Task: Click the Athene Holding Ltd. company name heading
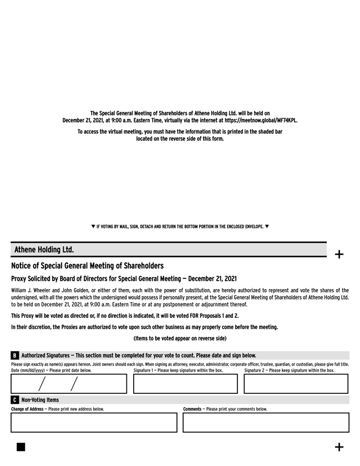44,250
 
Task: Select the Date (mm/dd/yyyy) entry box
69,383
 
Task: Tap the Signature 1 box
185,383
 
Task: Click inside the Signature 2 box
296,383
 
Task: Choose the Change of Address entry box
94,422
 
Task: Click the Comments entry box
266,422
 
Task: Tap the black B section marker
14,356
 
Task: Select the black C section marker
14,400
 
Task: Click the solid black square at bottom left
21,447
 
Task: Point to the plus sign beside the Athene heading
339,255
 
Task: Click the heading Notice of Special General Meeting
87,266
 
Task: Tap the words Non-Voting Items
40,400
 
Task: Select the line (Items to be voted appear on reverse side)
180,338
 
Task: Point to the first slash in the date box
42,383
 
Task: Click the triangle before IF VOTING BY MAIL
93,226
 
